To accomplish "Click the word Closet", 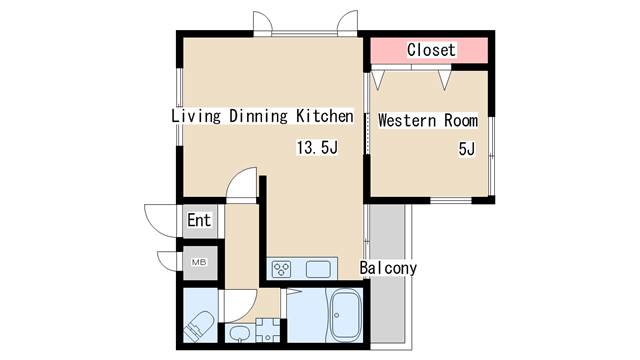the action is point(431,50).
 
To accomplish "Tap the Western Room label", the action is point(428,120).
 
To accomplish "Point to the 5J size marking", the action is point(467,149).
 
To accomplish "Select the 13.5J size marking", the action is point(317,147).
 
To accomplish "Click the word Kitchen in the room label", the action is point(324,116).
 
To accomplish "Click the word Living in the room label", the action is point(196,116).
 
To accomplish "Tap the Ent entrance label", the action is point(199,220).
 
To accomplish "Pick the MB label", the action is point(199,262).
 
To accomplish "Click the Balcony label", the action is point(388,268).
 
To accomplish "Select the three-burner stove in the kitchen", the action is point(282,269).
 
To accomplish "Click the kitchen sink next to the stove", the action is point(318,270).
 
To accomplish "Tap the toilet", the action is point(199,326).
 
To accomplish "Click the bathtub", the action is point(345,316).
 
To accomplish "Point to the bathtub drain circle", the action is point(337,316).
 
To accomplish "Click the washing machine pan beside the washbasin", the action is point(268,330).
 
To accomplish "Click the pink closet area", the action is point(429,50).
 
